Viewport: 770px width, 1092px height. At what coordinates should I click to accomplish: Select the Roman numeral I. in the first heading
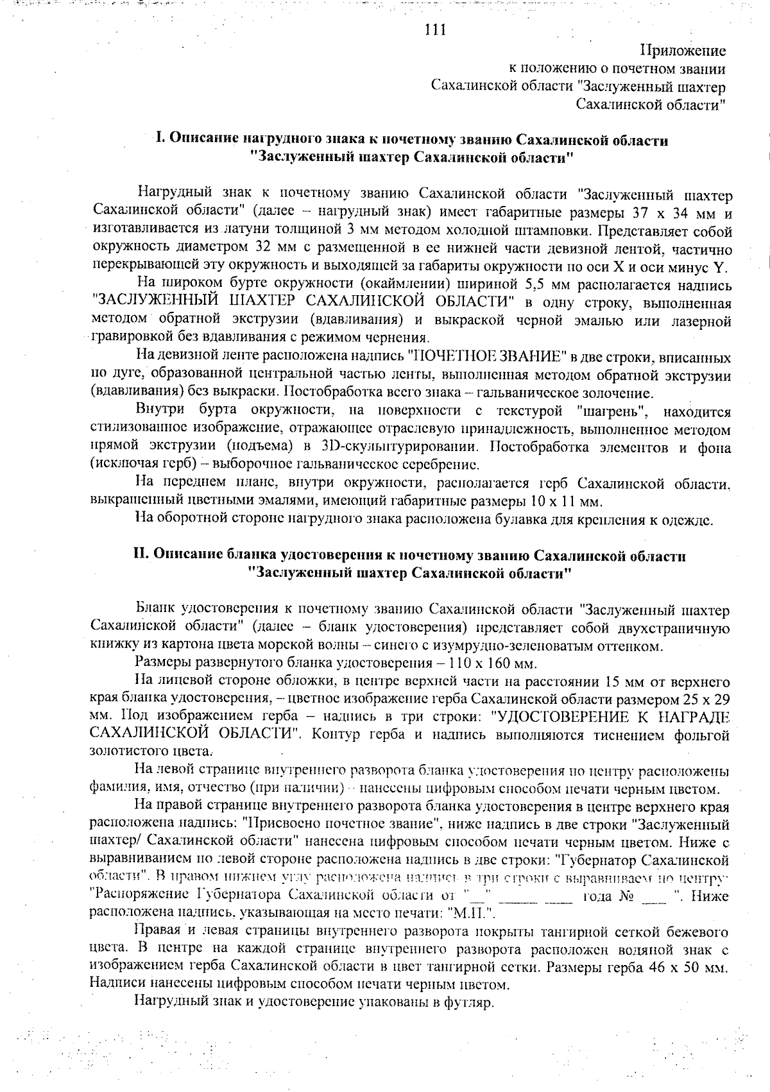(x=161, y=140)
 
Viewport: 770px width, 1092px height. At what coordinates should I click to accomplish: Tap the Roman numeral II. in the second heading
(x=141, y=556)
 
